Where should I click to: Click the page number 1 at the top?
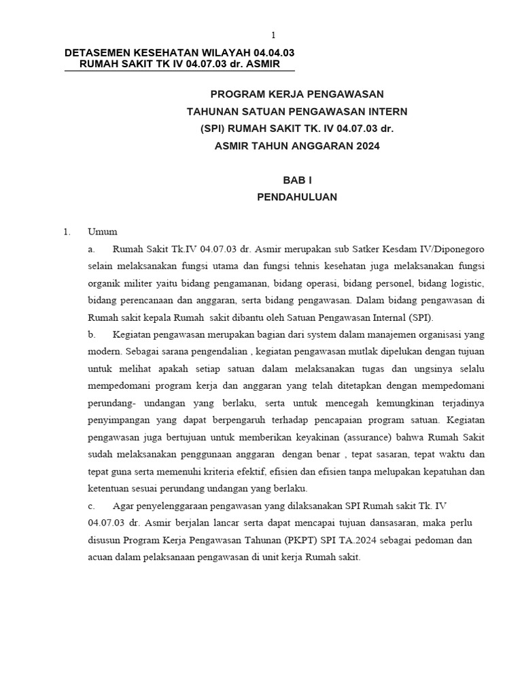coord(274,35)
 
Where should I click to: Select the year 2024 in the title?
coord(366,145)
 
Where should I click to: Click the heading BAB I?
coord(297,180)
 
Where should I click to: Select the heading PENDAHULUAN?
coord(297,197)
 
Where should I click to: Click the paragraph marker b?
coord(92,334)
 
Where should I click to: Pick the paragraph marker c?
coord(92,506)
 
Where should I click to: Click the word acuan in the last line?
coord(102,557)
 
